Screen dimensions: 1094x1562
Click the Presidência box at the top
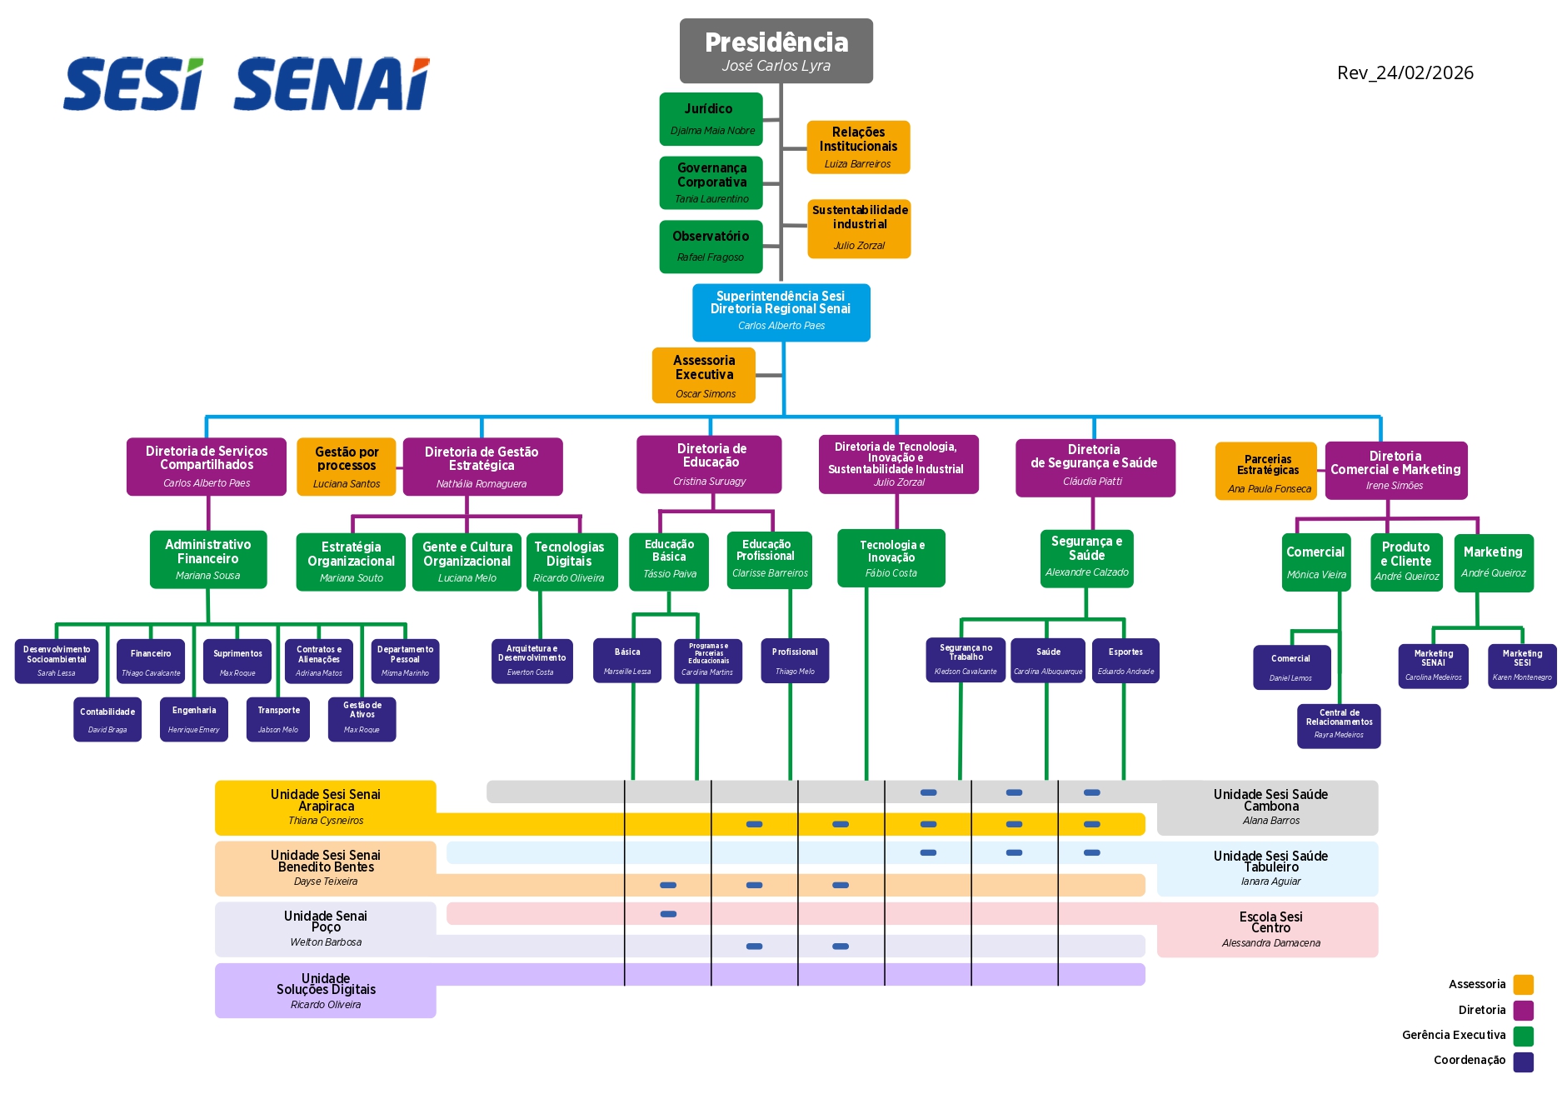[x=776, y=51]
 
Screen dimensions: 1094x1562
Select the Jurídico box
[x=711, y=119]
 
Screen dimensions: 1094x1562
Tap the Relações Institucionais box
[x=858, y=147]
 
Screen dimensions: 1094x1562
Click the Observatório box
[x=711, y=246]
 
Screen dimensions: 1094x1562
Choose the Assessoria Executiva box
[x=704, y=375]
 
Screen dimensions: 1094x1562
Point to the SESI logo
[x=133, y=84]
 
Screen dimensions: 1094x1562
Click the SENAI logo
[x=332, y=84]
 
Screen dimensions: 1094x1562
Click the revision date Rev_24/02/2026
[x=1405, y=73]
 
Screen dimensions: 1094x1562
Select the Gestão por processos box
[x=347, y=467]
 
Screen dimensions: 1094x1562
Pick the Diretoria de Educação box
[x=710, y=464]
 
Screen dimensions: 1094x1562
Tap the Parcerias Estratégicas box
[x=1266, y=472]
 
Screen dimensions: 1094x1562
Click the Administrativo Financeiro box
[x=208, y=559]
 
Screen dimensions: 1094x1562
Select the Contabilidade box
[x=107, y=719]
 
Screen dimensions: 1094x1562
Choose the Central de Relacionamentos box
[x=1339, y=726]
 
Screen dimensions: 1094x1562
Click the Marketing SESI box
[x=1522, y=666]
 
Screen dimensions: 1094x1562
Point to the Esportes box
[x=1125, y=661]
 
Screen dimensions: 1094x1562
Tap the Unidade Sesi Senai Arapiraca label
[x=326, y=807]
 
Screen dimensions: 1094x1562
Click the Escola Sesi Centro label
[x=1270, y=929]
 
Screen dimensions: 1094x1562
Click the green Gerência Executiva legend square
[x=1524, y=1036]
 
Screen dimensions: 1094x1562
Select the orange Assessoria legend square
[x=1524, y=985]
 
